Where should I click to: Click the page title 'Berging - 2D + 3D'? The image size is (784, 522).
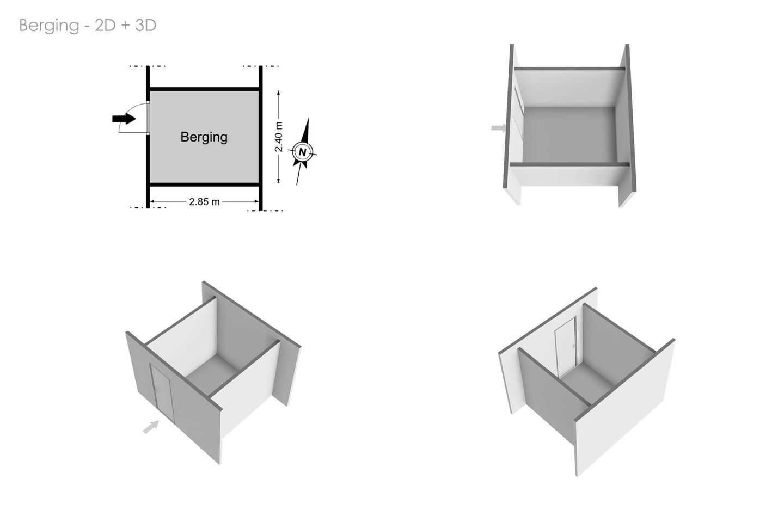pyautogui.click(x=88, y=26)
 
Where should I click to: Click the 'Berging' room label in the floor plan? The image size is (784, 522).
pyautogui.click(x=204, y=137)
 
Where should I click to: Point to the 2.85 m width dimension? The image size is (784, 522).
pyautogui.click(x=204, y=201)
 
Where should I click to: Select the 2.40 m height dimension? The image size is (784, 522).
pyautogui.click(x=279, y=137)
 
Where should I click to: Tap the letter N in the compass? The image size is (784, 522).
pyautogui.click(x=303, y=152)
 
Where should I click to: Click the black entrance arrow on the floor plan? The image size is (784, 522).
pyautogui.click(x=124, y=119)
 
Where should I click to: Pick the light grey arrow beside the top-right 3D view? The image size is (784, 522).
pyautogui.click(x=499, y=128)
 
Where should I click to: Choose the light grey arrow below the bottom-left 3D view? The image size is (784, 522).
pyautogui.click(x=151, y=427)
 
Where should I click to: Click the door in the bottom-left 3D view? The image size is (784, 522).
pyautogui.click(x=162, y=392)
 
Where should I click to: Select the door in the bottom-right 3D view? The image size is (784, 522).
pyautogui.click(x=566, y=347)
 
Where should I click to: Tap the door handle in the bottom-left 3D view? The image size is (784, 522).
pyautogui.click(x=155, y=390)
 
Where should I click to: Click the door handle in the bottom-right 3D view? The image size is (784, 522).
pyautogui.click(x=574, y=346)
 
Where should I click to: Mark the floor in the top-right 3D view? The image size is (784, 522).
pyautogui.click(x=569, y=134)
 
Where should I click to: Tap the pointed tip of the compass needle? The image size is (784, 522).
pyautogui.click(x=308, y=118)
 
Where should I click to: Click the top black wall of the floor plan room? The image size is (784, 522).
pyautogui.click(x=204, y=89)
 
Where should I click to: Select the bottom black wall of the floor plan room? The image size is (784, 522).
pyautogui.click(x=204, y=185)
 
